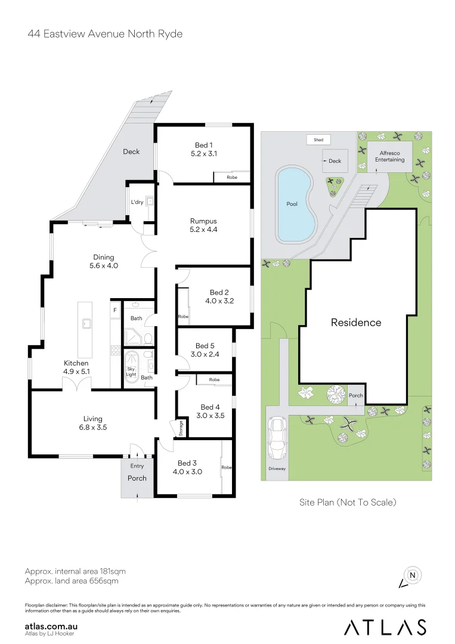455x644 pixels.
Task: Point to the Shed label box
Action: click(318, 140)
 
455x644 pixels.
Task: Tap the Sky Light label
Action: click(131, 371)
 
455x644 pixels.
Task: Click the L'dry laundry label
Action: click(137, 201)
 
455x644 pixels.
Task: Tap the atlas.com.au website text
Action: click(52, 626)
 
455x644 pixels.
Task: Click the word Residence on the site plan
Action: click(356, 323)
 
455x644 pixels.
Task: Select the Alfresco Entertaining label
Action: click(389, 156)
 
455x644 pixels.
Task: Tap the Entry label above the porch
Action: click(137, 466)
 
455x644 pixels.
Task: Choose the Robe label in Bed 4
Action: click(213, 380)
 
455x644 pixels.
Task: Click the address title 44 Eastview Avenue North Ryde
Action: click(105, 34)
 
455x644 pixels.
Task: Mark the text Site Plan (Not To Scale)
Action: click(348, 502)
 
